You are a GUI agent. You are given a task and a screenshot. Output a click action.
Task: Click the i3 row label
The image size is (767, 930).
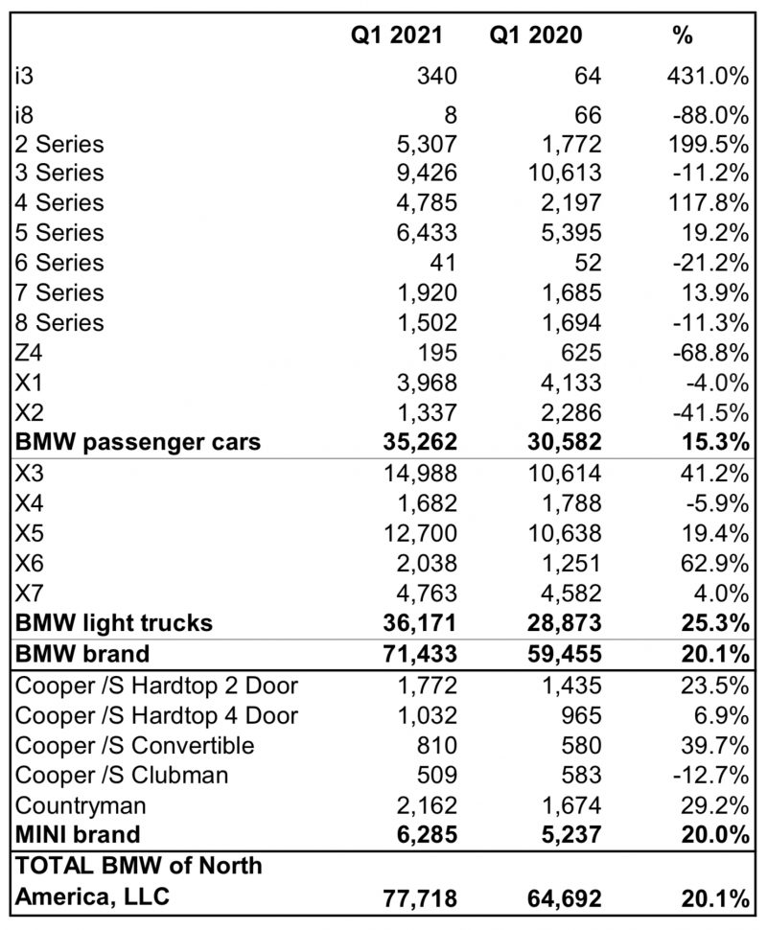pos(25,76)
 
